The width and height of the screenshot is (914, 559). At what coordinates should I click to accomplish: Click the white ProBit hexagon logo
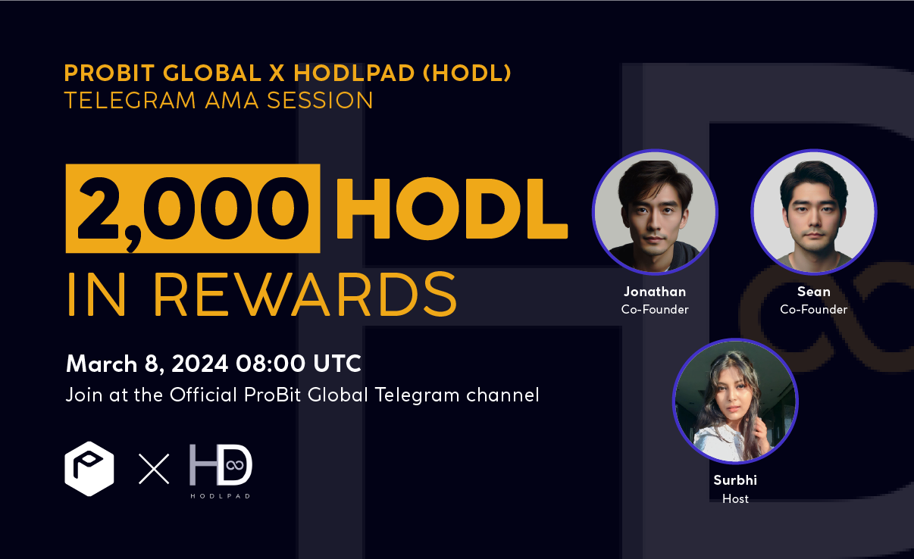point(89,468)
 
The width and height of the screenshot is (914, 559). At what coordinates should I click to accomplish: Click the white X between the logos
point(154,469)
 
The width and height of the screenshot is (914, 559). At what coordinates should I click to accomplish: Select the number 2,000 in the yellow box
point(193,209)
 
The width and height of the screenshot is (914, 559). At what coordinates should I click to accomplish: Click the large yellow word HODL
point(452,208)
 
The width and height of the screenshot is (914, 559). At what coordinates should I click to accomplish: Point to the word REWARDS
point(305,295)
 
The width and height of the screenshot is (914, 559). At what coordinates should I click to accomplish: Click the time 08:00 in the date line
point(270,364)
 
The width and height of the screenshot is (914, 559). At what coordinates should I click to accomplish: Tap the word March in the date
point(102,364)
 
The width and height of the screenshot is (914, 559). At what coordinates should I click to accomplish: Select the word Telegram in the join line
point(417,395)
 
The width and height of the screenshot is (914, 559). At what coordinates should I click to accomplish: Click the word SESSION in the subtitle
point(320,100)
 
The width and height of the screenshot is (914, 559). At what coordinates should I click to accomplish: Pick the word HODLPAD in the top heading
point(354,73)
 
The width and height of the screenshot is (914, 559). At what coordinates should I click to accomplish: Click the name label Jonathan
point(655,292)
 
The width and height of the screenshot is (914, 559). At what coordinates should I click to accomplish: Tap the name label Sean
point(814,292)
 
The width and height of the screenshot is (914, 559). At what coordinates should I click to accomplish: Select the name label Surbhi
point(735,480)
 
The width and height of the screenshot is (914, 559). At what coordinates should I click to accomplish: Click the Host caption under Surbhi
point(735,498)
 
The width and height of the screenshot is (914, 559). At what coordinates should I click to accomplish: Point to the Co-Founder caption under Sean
point(814,310)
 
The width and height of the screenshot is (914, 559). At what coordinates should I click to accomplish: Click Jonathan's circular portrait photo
point(655,212)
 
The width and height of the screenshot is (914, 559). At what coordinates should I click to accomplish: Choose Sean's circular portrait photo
point(814,212)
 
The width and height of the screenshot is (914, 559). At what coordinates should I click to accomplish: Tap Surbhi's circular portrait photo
point(735,401)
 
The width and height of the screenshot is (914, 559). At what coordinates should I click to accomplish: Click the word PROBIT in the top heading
point(109,73)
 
